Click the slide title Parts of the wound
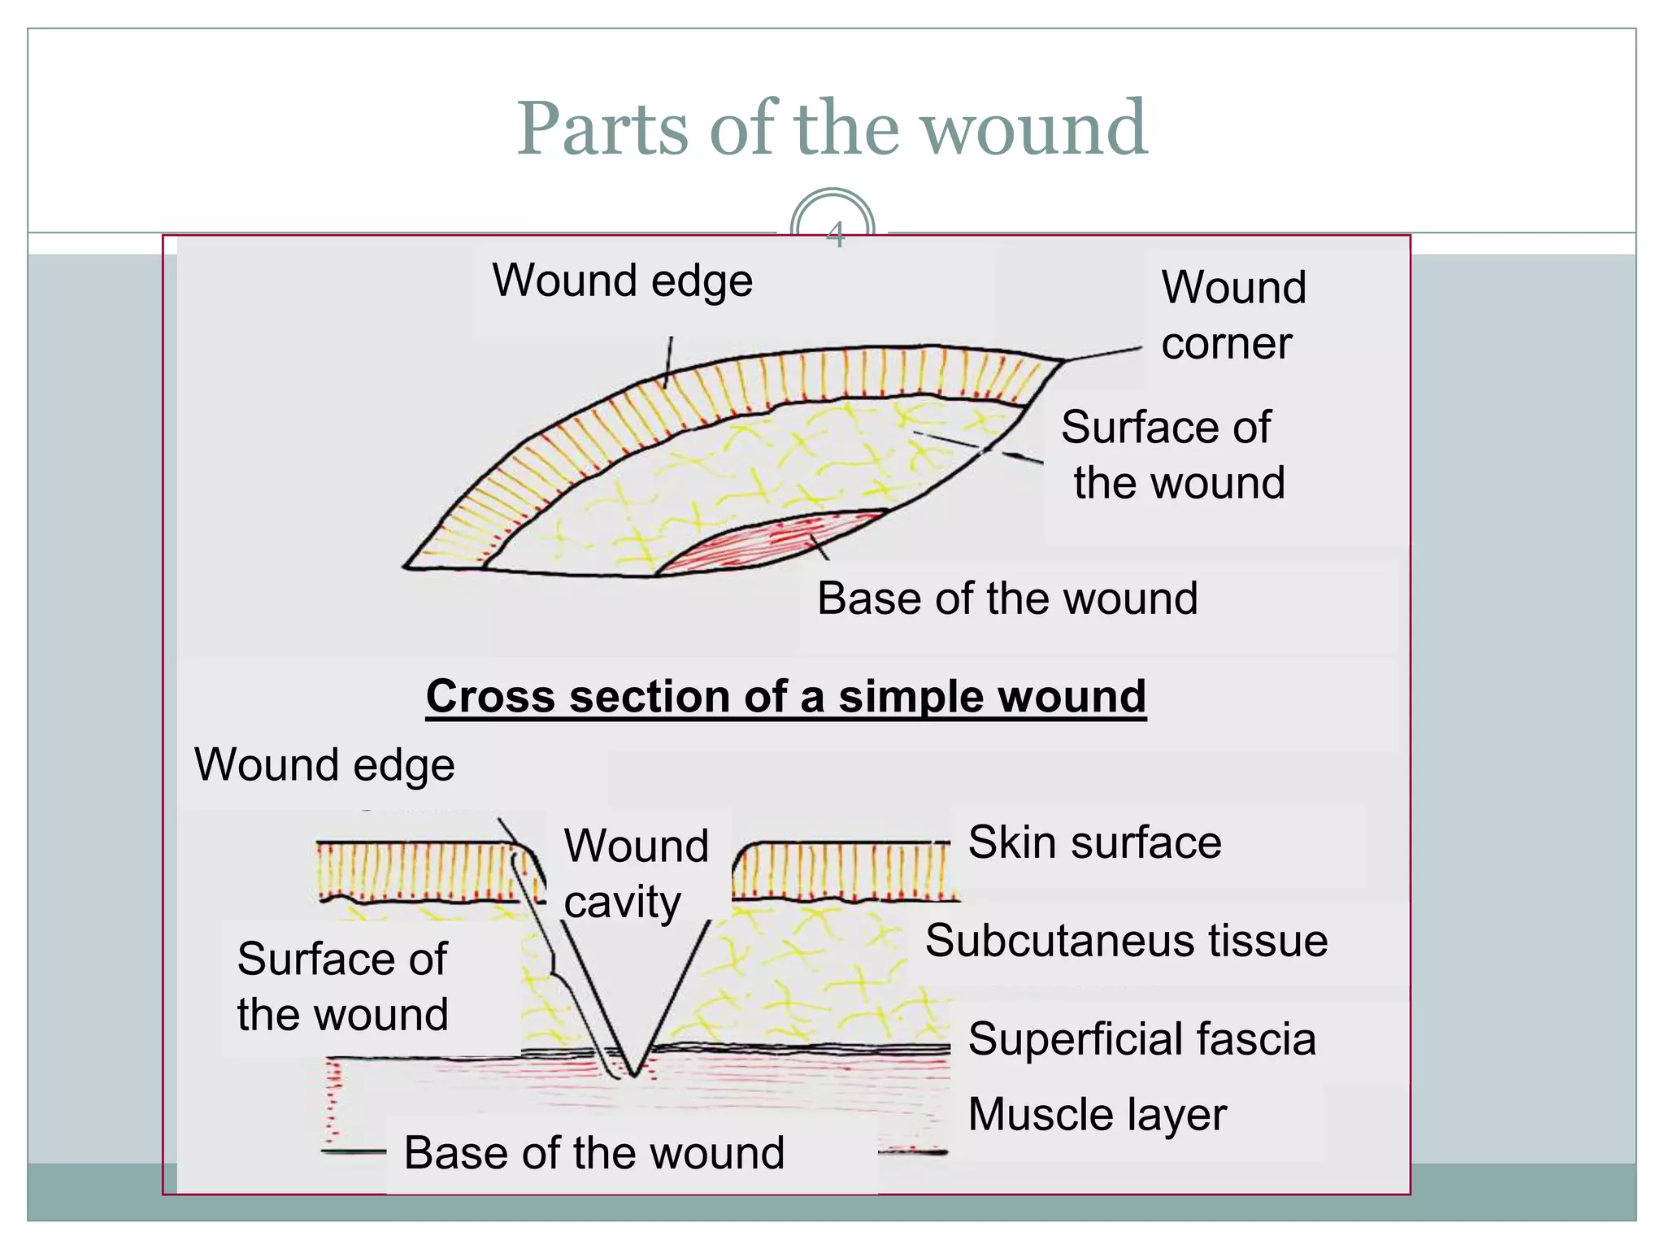pyautogui.click(x=832, y=128)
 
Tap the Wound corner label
pyautogui.click(x=1232, y=316)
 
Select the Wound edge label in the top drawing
pyautogui.click(x=623, y=281)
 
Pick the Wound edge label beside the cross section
pyautogui.click(x=324, y=765)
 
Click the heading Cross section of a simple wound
pyautogui.click(x=785, y=697)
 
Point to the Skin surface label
pyautogui.click(x=1094, y=842)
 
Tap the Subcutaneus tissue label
pyautogui.click(x=1126, y=941)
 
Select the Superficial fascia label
pyautogui.click(x=1141, y=1039)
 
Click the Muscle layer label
pyautogui.click(x=1097, y=1114)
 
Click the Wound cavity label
pyautogui.click(x=636, y=874)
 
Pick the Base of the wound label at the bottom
pyautogui.click(x=594, y=1153)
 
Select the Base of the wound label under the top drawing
pyautogui.click(x=1006, y=598)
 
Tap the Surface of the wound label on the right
pyautogui.click(x=1173, y=455)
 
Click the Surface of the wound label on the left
pyautogui.click(x=342, y=986)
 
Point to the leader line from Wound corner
pyautogui.click(x=1103, y=354)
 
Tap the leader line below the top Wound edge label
pyautogui.click(x=668, y=363)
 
